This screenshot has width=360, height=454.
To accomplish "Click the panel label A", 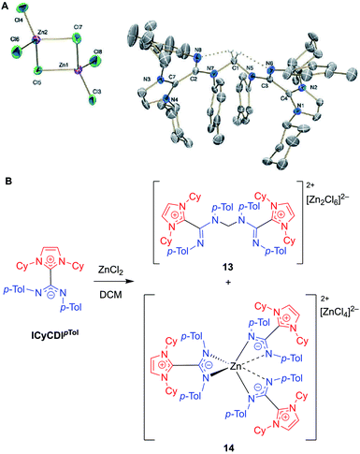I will tap(7, 7).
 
